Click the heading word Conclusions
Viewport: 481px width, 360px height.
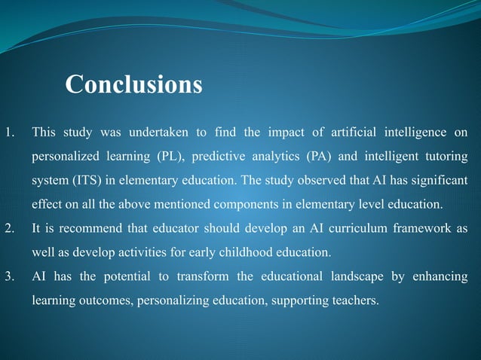click(133, 84)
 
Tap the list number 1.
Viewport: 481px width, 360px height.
click(8, 133)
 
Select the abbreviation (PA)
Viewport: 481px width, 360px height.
click(322, 157)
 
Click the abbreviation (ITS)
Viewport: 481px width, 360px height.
click(83, 182)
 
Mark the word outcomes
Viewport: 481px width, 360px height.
click(105, 301)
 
